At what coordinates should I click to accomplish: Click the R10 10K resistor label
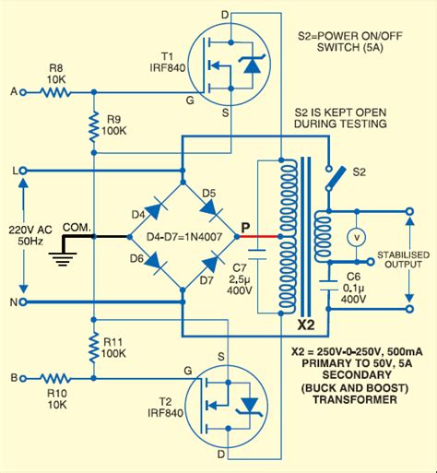pos(56,396)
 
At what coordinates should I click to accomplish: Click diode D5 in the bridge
pos(210,207)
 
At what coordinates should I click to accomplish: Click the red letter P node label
pos(244,225)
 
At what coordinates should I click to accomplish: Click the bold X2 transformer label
pos(307,325)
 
